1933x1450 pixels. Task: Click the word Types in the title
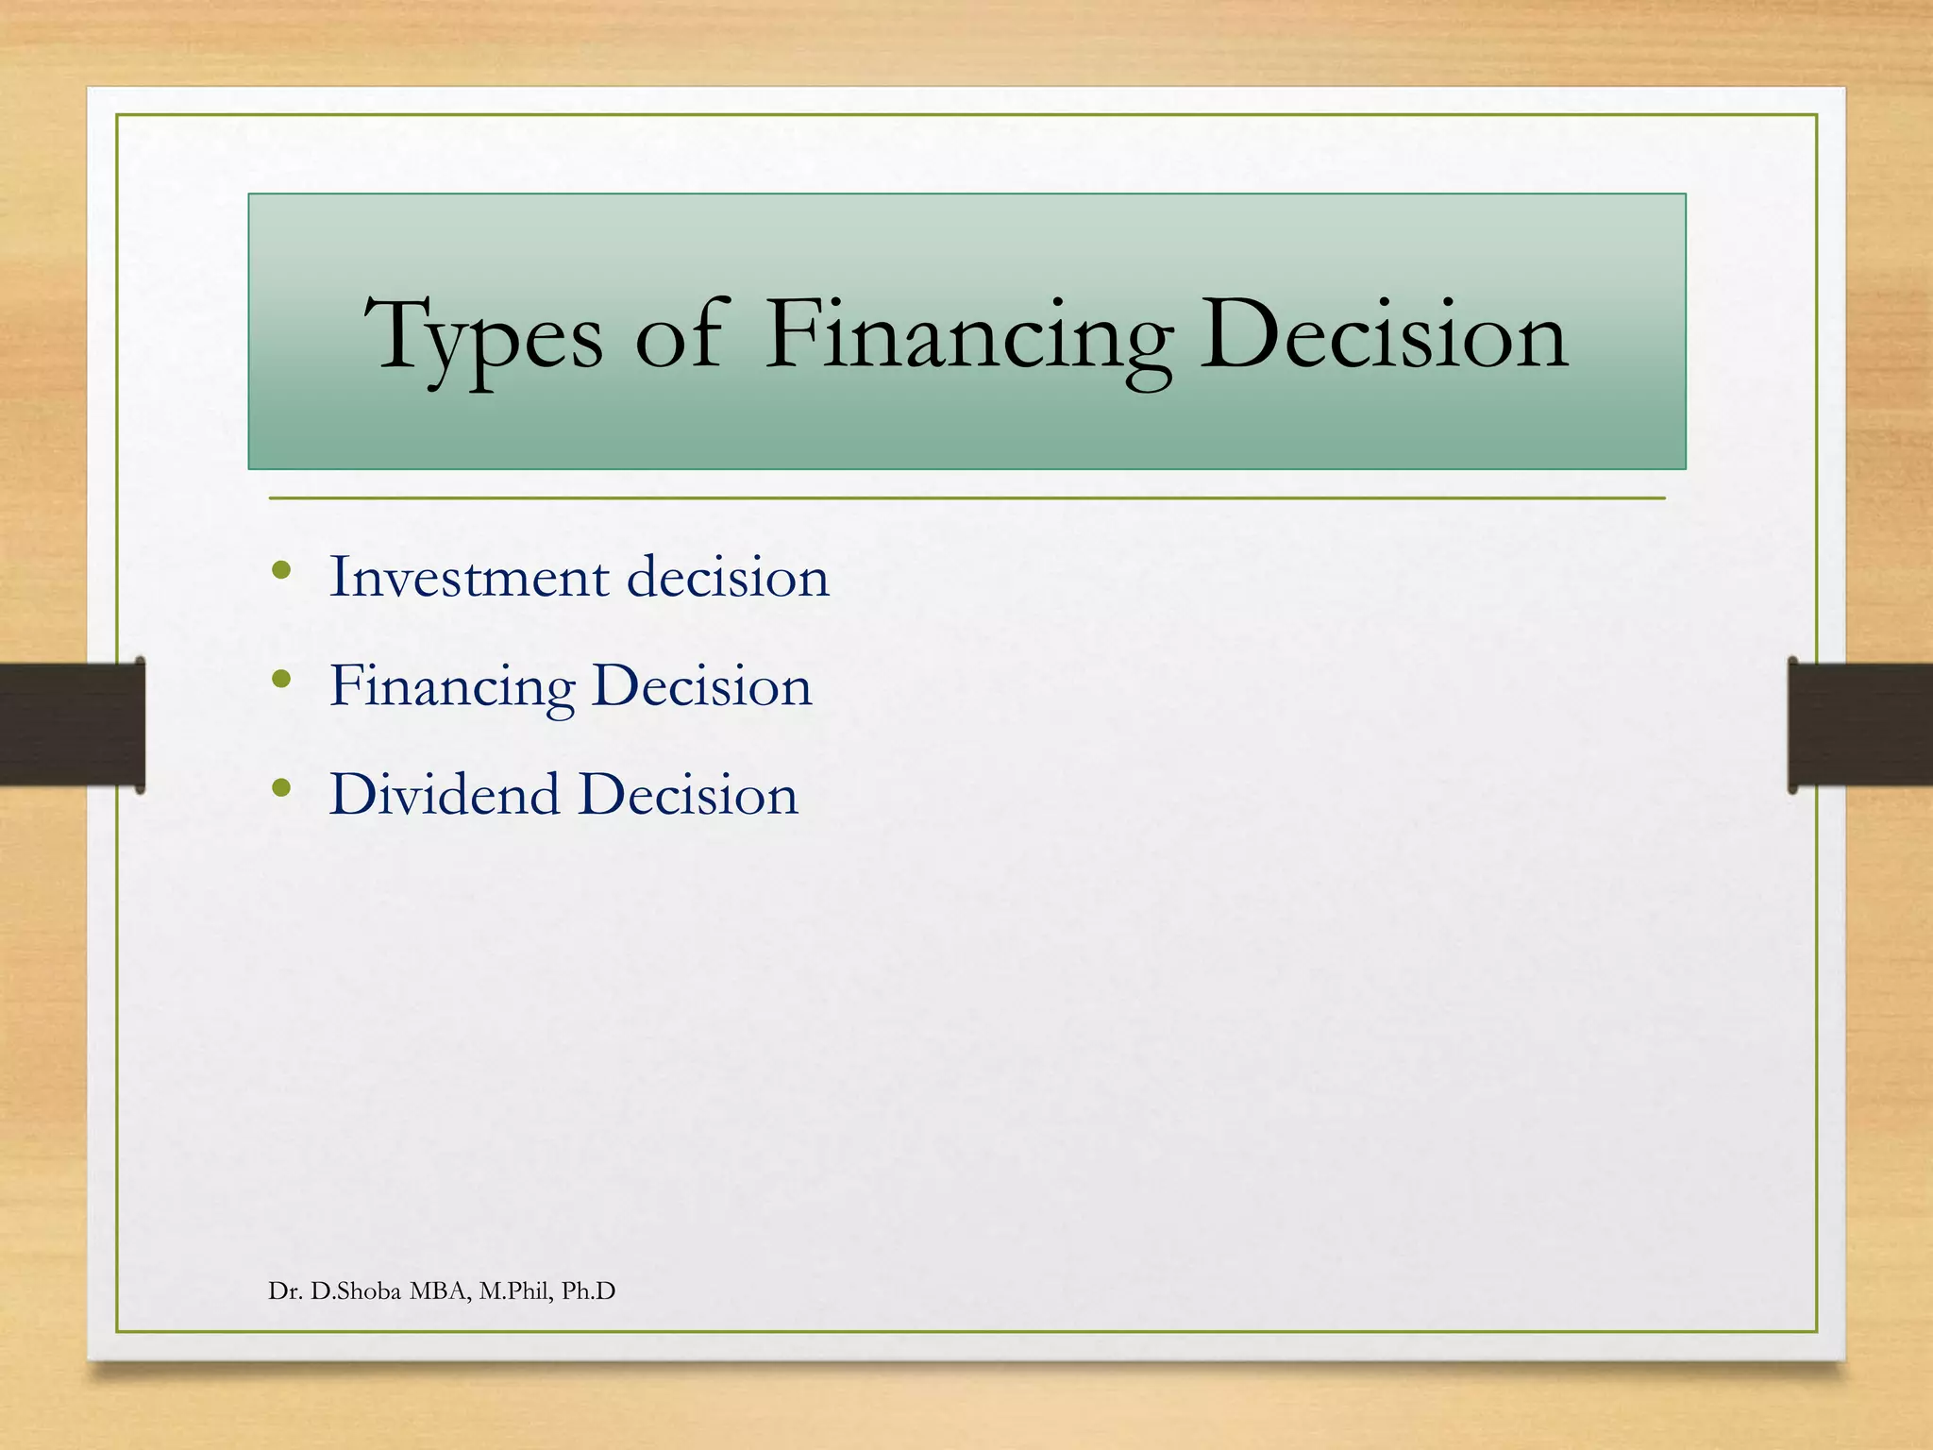[x=483, y=337]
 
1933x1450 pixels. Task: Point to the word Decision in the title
[x=1384, y=337]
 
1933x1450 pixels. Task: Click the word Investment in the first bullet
[x=468, y=577]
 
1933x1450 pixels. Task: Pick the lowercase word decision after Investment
[x=728, y=577]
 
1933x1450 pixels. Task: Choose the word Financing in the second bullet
[x=452, y=686]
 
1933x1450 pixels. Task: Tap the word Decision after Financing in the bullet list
[x=702, y=686]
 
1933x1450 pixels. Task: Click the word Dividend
[x=444, y=794]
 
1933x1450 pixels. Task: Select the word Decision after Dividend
[x=689, y=794]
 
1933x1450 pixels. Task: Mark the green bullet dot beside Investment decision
[x=280, y=570]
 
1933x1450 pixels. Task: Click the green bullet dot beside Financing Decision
[x=280, y=679]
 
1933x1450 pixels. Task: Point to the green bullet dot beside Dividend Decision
[x=280, y=787]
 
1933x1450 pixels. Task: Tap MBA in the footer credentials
[x=440, y=1291]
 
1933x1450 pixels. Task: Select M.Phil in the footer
[x=515, y=1291]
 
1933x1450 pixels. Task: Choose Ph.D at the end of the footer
[x=588, y=1291]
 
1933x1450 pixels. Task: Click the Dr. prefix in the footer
[x=284, y=1291]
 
